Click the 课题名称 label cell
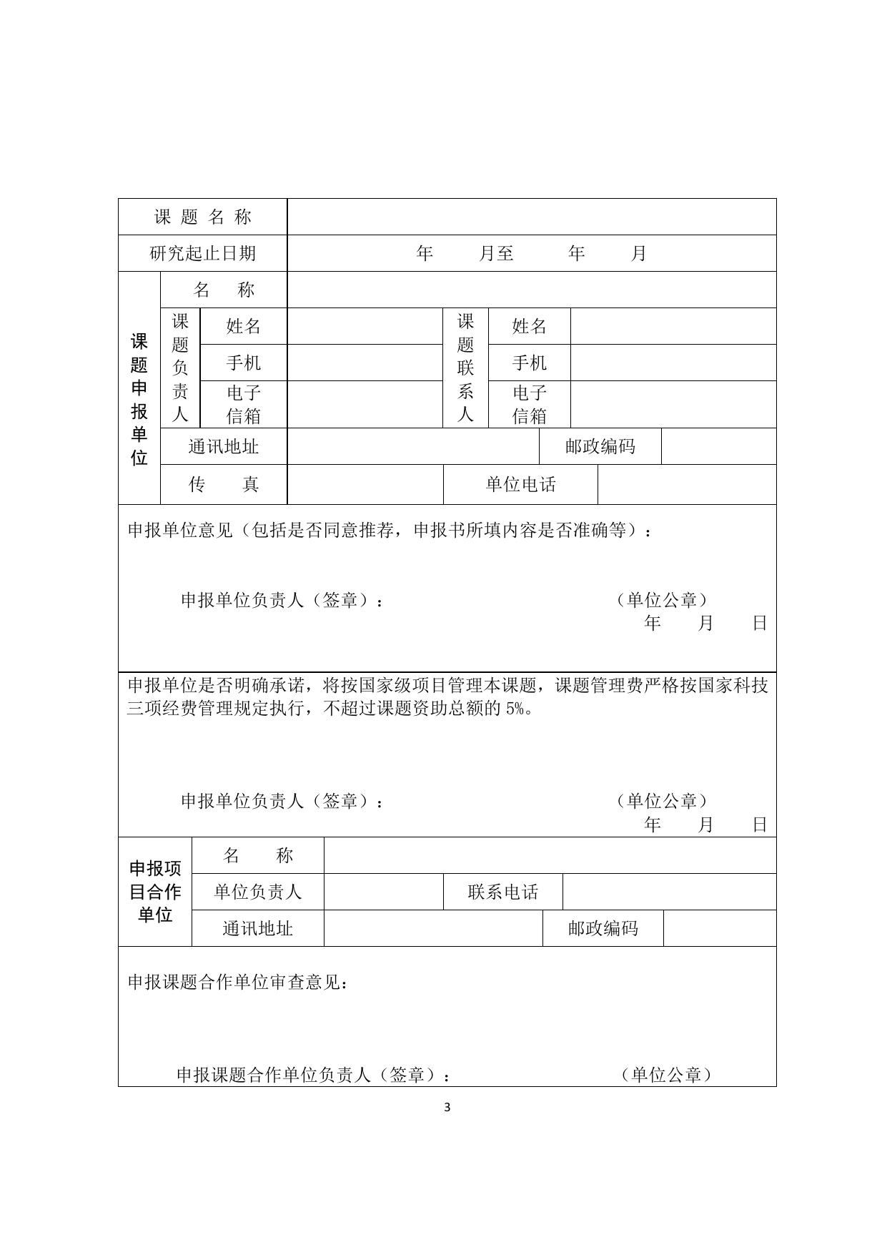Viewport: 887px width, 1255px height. tap(202, 217)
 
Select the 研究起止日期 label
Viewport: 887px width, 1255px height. tap(202, 253)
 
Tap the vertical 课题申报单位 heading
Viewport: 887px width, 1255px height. tap(139, 399)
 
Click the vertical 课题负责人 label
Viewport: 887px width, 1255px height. tap(180, 368)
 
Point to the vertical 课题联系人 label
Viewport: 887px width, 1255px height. tap(465, 368)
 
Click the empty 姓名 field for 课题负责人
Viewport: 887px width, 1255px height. tap(365, 326)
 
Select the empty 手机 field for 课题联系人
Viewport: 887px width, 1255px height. tap(673, 363)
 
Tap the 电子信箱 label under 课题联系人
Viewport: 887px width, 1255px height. tap(529, 404)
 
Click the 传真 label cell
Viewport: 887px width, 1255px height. tap(223, 484)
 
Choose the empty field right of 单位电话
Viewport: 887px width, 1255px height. tap(686, 484)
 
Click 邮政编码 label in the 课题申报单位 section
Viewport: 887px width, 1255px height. tap(600, 446)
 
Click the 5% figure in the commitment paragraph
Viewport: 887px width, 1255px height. tap(515, 709)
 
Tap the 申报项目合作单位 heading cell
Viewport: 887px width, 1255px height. tap(155, 892)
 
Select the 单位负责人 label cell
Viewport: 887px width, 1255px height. tap(257, 892)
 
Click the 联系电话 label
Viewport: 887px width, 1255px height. tap(502, 892)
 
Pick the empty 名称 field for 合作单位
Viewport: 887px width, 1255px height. tap(550, 855)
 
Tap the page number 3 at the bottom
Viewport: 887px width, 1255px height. tap(447, 1108)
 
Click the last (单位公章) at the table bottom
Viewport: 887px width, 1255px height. tap(666, 1074)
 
